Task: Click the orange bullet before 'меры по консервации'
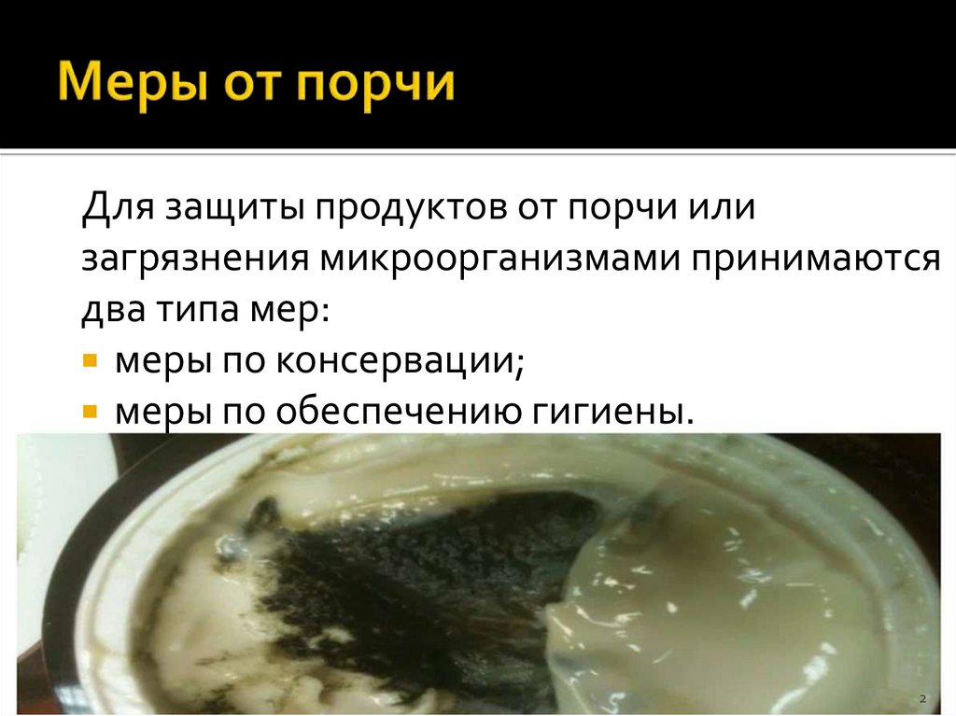click(90, 360)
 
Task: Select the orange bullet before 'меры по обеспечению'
click(90, 411)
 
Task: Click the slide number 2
click(921, 698)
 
